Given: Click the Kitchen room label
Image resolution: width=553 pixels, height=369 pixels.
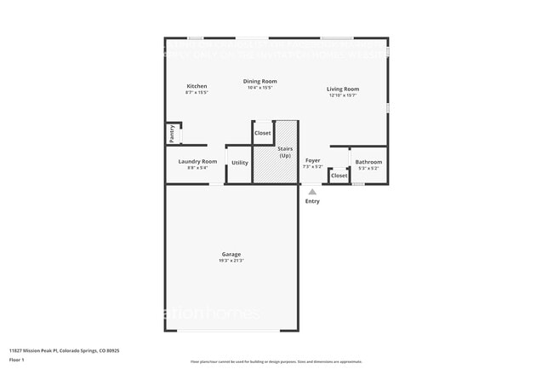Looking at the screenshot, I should [197, 86].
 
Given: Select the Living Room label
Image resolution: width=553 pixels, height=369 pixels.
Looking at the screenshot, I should [343, 89].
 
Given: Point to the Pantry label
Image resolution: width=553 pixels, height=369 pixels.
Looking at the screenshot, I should [171, 133].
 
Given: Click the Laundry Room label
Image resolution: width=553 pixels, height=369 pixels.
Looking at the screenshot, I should [197, 161].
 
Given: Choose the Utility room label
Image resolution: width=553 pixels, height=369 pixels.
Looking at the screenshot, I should [240, 162].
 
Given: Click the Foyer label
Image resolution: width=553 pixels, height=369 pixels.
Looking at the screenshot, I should [313, 160].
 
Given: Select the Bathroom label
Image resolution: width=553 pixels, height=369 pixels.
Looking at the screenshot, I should [368, 162].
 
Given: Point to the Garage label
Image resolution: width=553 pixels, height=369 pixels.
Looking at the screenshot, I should [231, 254].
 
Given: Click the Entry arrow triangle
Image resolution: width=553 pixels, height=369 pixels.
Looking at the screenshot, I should [312, 192].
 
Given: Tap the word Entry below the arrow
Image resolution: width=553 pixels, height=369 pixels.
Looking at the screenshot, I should [312, 201].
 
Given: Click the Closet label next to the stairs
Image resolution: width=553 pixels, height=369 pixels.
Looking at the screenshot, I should [263, 133].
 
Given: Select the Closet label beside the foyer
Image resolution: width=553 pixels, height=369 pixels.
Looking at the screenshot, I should [339, 176].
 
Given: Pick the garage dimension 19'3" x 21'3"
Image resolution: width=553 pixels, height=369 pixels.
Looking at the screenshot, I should [231, 261].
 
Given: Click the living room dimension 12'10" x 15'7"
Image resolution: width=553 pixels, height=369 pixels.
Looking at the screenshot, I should [343, 95].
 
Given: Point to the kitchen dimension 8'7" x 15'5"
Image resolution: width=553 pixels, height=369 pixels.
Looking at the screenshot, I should [197, 92].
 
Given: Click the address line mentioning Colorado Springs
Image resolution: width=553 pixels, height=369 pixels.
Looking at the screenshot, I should [65, 350].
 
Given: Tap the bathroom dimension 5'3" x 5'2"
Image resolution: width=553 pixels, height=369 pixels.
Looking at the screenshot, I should [368, 168].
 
